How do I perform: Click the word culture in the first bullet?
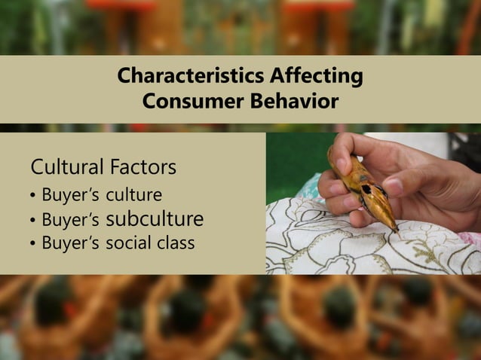(x=133, y=196)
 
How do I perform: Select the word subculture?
(x=155, y=220)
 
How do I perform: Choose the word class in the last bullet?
(x=175, y=243)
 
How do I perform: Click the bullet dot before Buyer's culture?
(x=32, y=197)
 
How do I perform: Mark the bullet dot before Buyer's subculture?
(x=32, y=221)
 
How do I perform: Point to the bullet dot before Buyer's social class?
(x=32, y=245)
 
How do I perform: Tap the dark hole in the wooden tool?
(x=366, y=188)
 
